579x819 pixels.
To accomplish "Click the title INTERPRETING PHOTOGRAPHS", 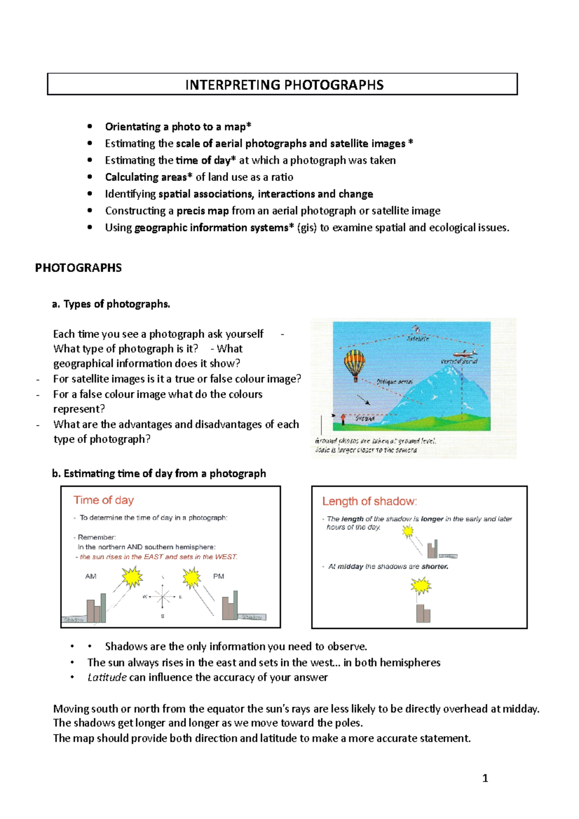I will pyautogui.click(x=284, y=85).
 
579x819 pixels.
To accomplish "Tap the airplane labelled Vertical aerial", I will pyautogui.click(x=465, y=353).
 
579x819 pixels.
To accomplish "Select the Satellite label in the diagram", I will pyautogui.click(x=417, y=339).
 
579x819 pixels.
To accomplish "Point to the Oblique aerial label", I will pyautogui.click(x=394, y=382).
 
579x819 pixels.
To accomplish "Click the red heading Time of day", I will pyautogui.click(x=104, y=500).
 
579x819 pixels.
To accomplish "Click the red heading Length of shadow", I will pyautogui.click(x=370, y=502).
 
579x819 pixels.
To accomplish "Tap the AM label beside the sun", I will pyautogui.click(x=91, y=576).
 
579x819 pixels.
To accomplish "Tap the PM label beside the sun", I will pyautogui.click(x=219, y=576).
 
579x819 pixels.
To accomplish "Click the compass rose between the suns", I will pyautogui.click(x=163, y=597).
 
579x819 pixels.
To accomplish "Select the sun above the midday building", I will pyautogui.click(x=421, y=586).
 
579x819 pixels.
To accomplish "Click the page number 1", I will pyautogui.click(x=485, y=778).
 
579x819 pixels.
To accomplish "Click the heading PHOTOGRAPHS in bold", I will pyautogui.click(x=79, y=268).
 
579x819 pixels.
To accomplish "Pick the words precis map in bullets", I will pyautogui.click(x=203, y=211).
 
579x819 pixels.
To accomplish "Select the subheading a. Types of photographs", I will pyautogui.click(x=111, y=304).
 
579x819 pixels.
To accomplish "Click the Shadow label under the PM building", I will pyautogui.click(x=252, y=617).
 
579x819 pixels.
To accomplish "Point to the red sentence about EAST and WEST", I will pyautogui.click(x=158, y=557).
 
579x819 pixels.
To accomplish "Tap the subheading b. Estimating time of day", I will pyautogui.click(x=159, y=474).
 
